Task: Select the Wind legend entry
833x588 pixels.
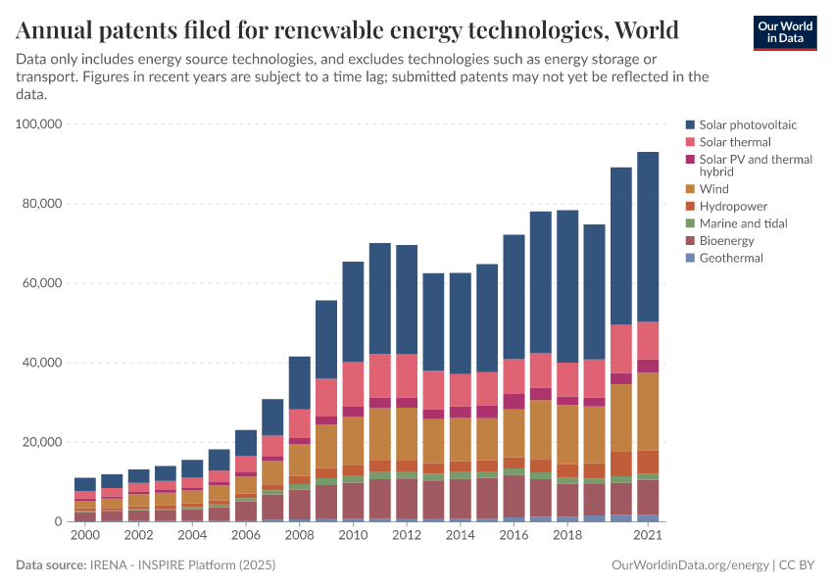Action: coord(713,188)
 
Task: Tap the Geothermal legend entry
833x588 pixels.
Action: coord(730,258)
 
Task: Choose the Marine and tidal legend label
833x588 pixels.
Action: coord(743,223)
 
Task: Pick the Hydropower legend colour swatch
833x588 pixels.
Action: coord(691,206)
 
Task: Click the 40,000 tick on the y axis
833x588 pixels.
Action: coord(43,363)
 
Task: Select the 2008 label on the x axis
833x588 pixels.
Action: coord(299,536)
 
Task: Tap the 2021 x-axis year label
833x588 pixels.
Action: coord(647,536)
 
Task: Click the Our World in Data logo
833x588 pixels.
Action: coord(784,31)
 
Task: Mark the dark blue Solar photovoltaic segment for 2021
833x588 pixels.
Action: coord(648,236)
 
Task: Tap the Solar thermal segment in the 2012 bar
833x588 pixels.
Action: coord(407,375)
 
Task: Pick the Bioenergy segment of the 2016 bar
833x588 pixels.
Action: coord(514,496)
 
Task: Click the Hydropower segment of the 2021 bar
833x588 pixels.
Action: coord(648,462)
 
